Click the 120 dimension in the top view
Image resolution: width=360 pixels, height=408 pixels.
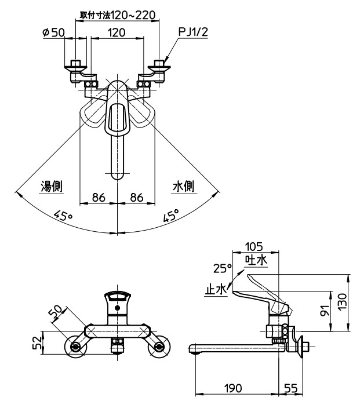(117, 32)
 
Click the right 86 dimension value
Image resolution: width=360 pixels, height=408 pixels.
(137, 197)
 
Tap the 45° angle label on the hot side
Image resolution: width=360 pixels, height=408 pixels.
(63, 216)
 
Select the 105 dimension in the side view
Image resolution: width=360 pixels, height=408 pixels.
(254, 245)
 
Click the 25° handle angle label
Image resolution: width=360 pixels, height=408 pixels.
(221, 268)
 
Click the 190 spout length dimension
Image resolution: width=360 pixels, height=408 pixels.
(235, 387)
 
